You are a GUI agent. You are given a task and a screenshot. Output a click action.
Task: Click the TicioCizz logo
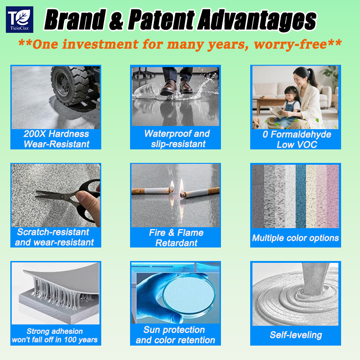point(19,19)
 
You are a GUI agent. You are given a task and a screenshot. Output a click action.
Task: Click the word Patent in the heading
point(161,20)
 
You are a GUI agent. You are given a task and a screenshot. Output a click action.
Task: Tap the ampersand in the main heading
point(116,21)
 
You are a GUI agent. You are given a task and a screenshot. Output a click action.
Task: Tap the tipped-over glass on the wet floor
point(147,91)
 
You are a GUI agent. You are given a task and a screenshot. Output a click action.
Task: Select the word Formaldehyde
point(301,135)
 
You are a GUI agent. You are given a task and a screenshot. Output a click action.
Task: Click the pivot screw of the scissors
point(62,197)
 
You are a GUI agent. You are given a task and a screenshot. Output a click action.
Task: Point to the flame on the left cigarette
point(172,185)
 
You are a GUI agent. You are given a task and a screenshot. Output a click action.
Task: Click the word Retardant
point(176,243)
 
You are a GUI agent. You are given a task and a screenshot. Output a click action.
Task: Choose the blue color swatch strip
point(301,196)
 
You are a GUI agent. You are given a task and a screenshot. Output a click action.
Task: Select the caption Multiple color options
point(296,238)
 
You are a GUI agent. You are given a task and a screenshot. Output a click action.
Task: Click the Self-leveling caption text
point(296,335)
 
